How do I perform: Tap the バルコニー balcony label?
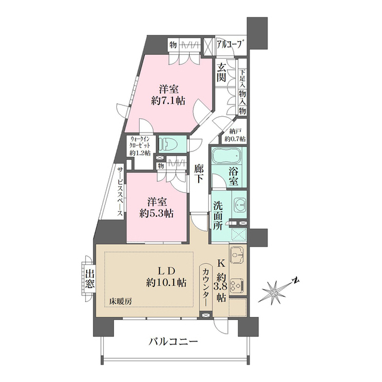[173, 342]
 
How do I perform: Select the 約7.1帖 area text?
[168, 101]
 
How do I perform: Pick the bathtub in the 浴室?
[226, 159]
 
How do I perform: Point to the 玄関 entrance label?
[221, 72]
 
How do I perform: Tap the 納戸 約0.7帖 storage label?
[235, 135]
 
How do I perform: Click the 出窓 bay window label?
[90, 279]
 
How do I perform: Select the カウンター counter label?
[207, 286]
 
